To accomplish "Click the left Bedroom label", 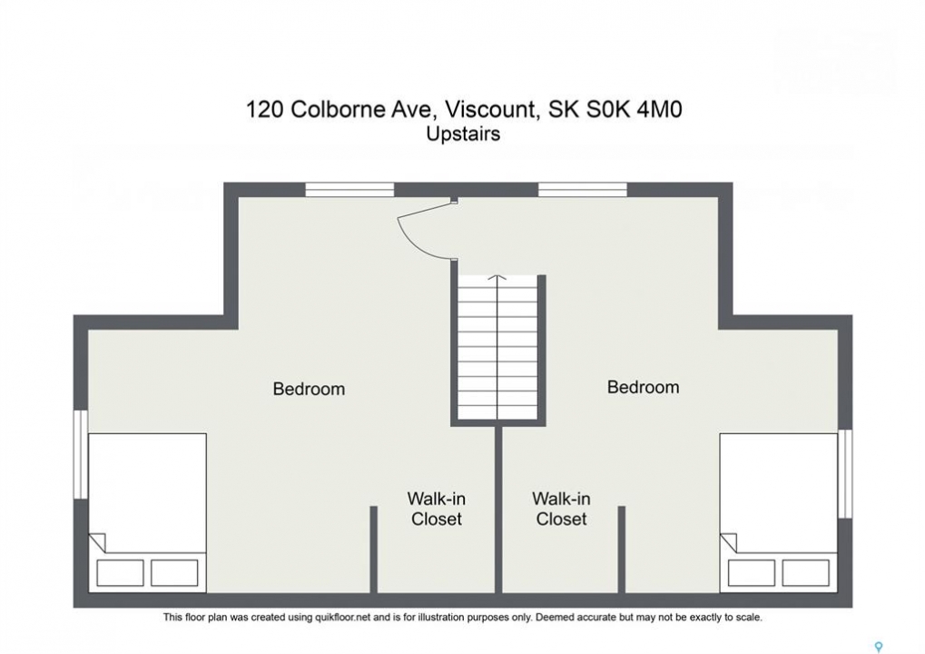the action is tap(309, 389).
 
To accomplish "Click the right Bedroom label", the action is tap(643, 387).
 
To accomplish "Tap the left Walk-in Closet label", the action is tap(437, 509).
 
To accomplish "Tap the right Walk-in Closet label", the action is tap(561, 509).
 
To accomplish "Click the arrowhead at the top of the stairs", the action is tap(497, 277).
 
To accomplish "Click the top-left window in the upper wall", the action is tap(349, 189).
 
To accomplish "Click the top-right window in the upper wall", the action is tap(582, 189).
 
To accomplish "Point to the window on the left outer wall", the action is tap(81, 455).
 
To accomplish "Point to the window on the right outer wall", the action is tap(845, 474).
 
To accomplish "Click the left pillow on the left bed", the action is tap(120, 572).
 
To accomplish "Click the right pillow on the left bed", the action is tap(174, 572).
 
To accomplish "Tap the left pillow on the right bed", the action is tap(752, 572).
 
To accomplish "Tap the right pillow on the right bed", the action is tap(806, 572).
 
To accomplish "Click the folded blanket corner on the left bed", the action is tap(97, 543).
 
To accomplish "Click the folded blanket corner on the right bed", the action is tap(729, 543).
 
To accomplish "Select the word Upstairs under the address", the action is tap(463, 134).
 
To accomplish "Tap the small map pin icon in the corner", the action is tap(879, 647).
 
